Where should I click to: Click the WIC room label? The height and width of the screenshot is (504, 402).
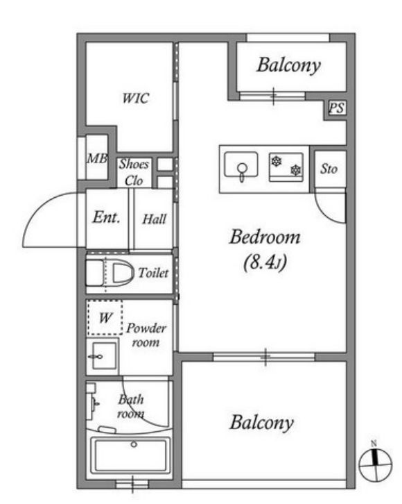136,98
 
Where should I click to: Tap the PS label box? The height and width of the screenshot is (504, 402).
337,108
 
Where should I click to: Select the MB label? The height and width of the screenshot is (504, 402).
97,158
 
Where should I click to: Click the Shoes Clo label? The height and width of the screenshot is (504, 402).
134,172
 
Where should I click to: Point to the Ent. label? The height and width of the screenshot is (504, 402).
107,217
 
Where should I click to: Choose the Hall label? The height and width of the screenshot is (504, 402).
155,219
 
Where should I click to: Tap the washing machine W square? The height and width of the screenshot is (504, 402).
105,317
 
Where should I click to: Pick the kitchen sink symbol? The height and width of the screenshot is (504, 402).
241,165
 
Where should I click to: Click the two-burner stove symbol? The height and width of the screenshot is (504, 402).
286,167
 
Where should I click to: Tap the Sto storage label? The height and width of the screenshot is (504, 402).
329,169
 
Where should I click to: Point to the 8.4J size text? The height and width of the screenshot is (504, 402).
265,262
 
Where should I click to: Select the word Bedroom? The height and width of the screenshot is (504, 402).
265,237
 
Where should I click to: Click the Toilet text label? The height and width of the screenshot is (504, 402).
153,273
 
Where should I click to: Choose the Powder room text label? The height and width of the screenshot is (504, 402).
146,335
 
